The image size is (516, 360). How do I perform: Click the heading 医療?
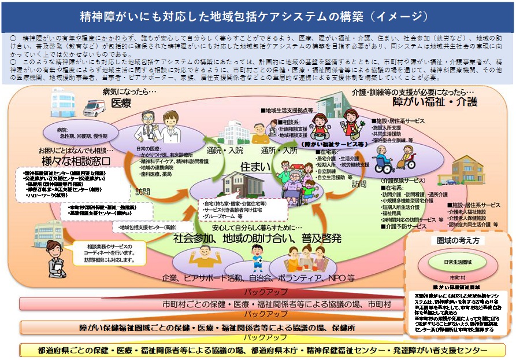122,103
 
